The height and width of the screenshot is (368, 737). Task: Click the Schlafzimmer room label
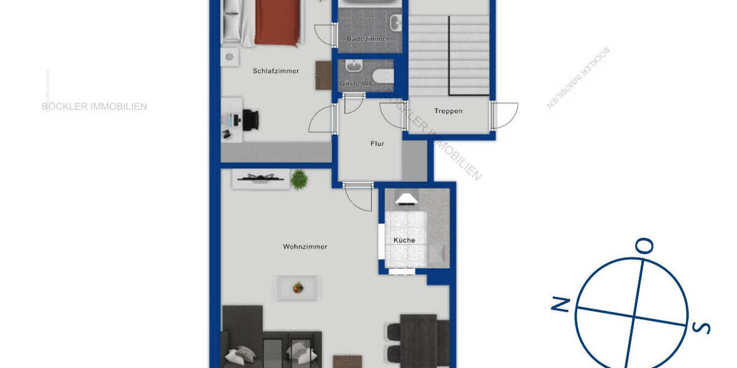click(276, 71)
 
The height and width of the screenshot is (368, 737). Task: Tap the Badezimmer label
click(368, 39)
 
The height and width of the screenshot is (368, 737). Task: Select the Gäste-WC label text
click(357, 83)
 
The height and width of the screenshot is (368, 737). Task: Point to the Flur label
click(377, 144)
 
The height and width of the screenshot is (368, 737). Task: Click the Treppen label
click(448, 111)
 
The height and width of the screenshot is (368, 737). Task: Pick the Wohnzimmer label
click(305, 247)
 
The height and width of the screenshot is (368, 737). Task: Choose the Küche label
click(405, 240)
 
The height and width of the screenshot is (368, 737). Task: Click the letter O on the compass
click(645, 246)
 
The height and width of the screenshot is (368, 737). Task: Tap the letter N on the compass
click(560, 304)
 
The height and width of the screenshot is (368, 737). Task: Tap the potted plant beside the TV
click(299, 179)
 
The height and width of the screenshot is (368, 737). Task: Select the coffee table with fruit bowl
click(298, 288)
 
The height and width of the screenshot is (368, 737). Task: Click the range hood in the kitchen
click(406, 198)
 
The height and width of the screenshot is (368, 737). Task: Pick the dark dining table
click(418, 340)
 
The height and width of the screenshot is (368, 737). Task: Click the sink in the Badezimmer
click(396, 23)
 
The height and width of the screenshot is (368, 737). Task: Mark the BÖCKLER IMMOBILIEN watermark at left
click(94, 106)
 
